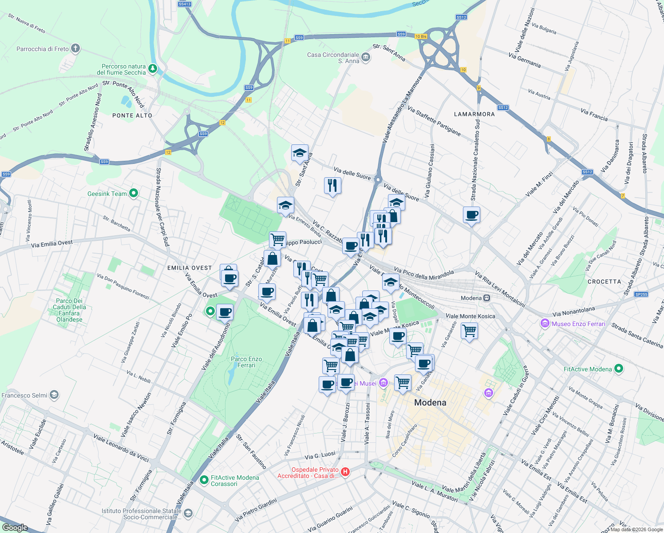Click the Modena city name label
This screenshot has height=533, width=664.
pos(430,402)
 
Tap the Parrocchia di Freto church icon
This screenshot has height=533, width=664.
pos(75,48)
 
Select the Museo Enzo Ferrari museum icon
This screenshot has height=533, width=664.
pos(545,324)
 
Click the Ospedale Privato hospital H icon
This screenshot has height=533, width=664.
pos(345,472)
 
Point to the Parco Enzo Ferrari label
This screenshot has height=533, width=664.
pos(246,362)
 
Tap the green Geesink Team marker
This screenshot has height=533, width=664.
pos(133,193)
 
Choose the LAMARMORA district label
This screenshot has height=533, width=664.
pos(474,114)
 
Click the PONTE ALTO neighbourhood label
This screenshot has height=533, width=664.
pos(132,115)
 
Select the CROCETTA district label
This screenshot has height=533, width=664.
pos(604,282)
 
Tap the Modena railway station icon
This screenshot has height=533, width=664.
pos(487,298)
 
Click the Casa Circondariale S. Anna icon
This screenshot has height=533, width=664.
pos(366,56)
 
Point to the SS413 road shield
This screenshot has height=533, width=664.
pos(184,4)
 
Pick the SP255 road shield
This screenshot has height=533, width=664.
pos(641,294)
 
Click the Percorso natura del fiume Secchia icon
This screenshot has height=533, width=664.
pos(152,68)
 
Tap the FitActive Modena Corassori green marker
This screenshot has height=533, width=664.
pos(204,480)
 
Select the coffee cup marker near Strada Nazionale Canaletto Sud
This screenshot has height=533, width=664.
pos(471,215)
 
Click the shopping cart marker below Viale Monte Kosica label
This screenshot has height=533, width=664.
pos(469,331)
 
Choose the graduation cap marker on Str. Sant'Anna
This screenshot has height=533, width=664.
pos(300,153)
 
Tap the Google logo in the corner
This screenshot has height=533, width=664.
pos(15,527)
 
